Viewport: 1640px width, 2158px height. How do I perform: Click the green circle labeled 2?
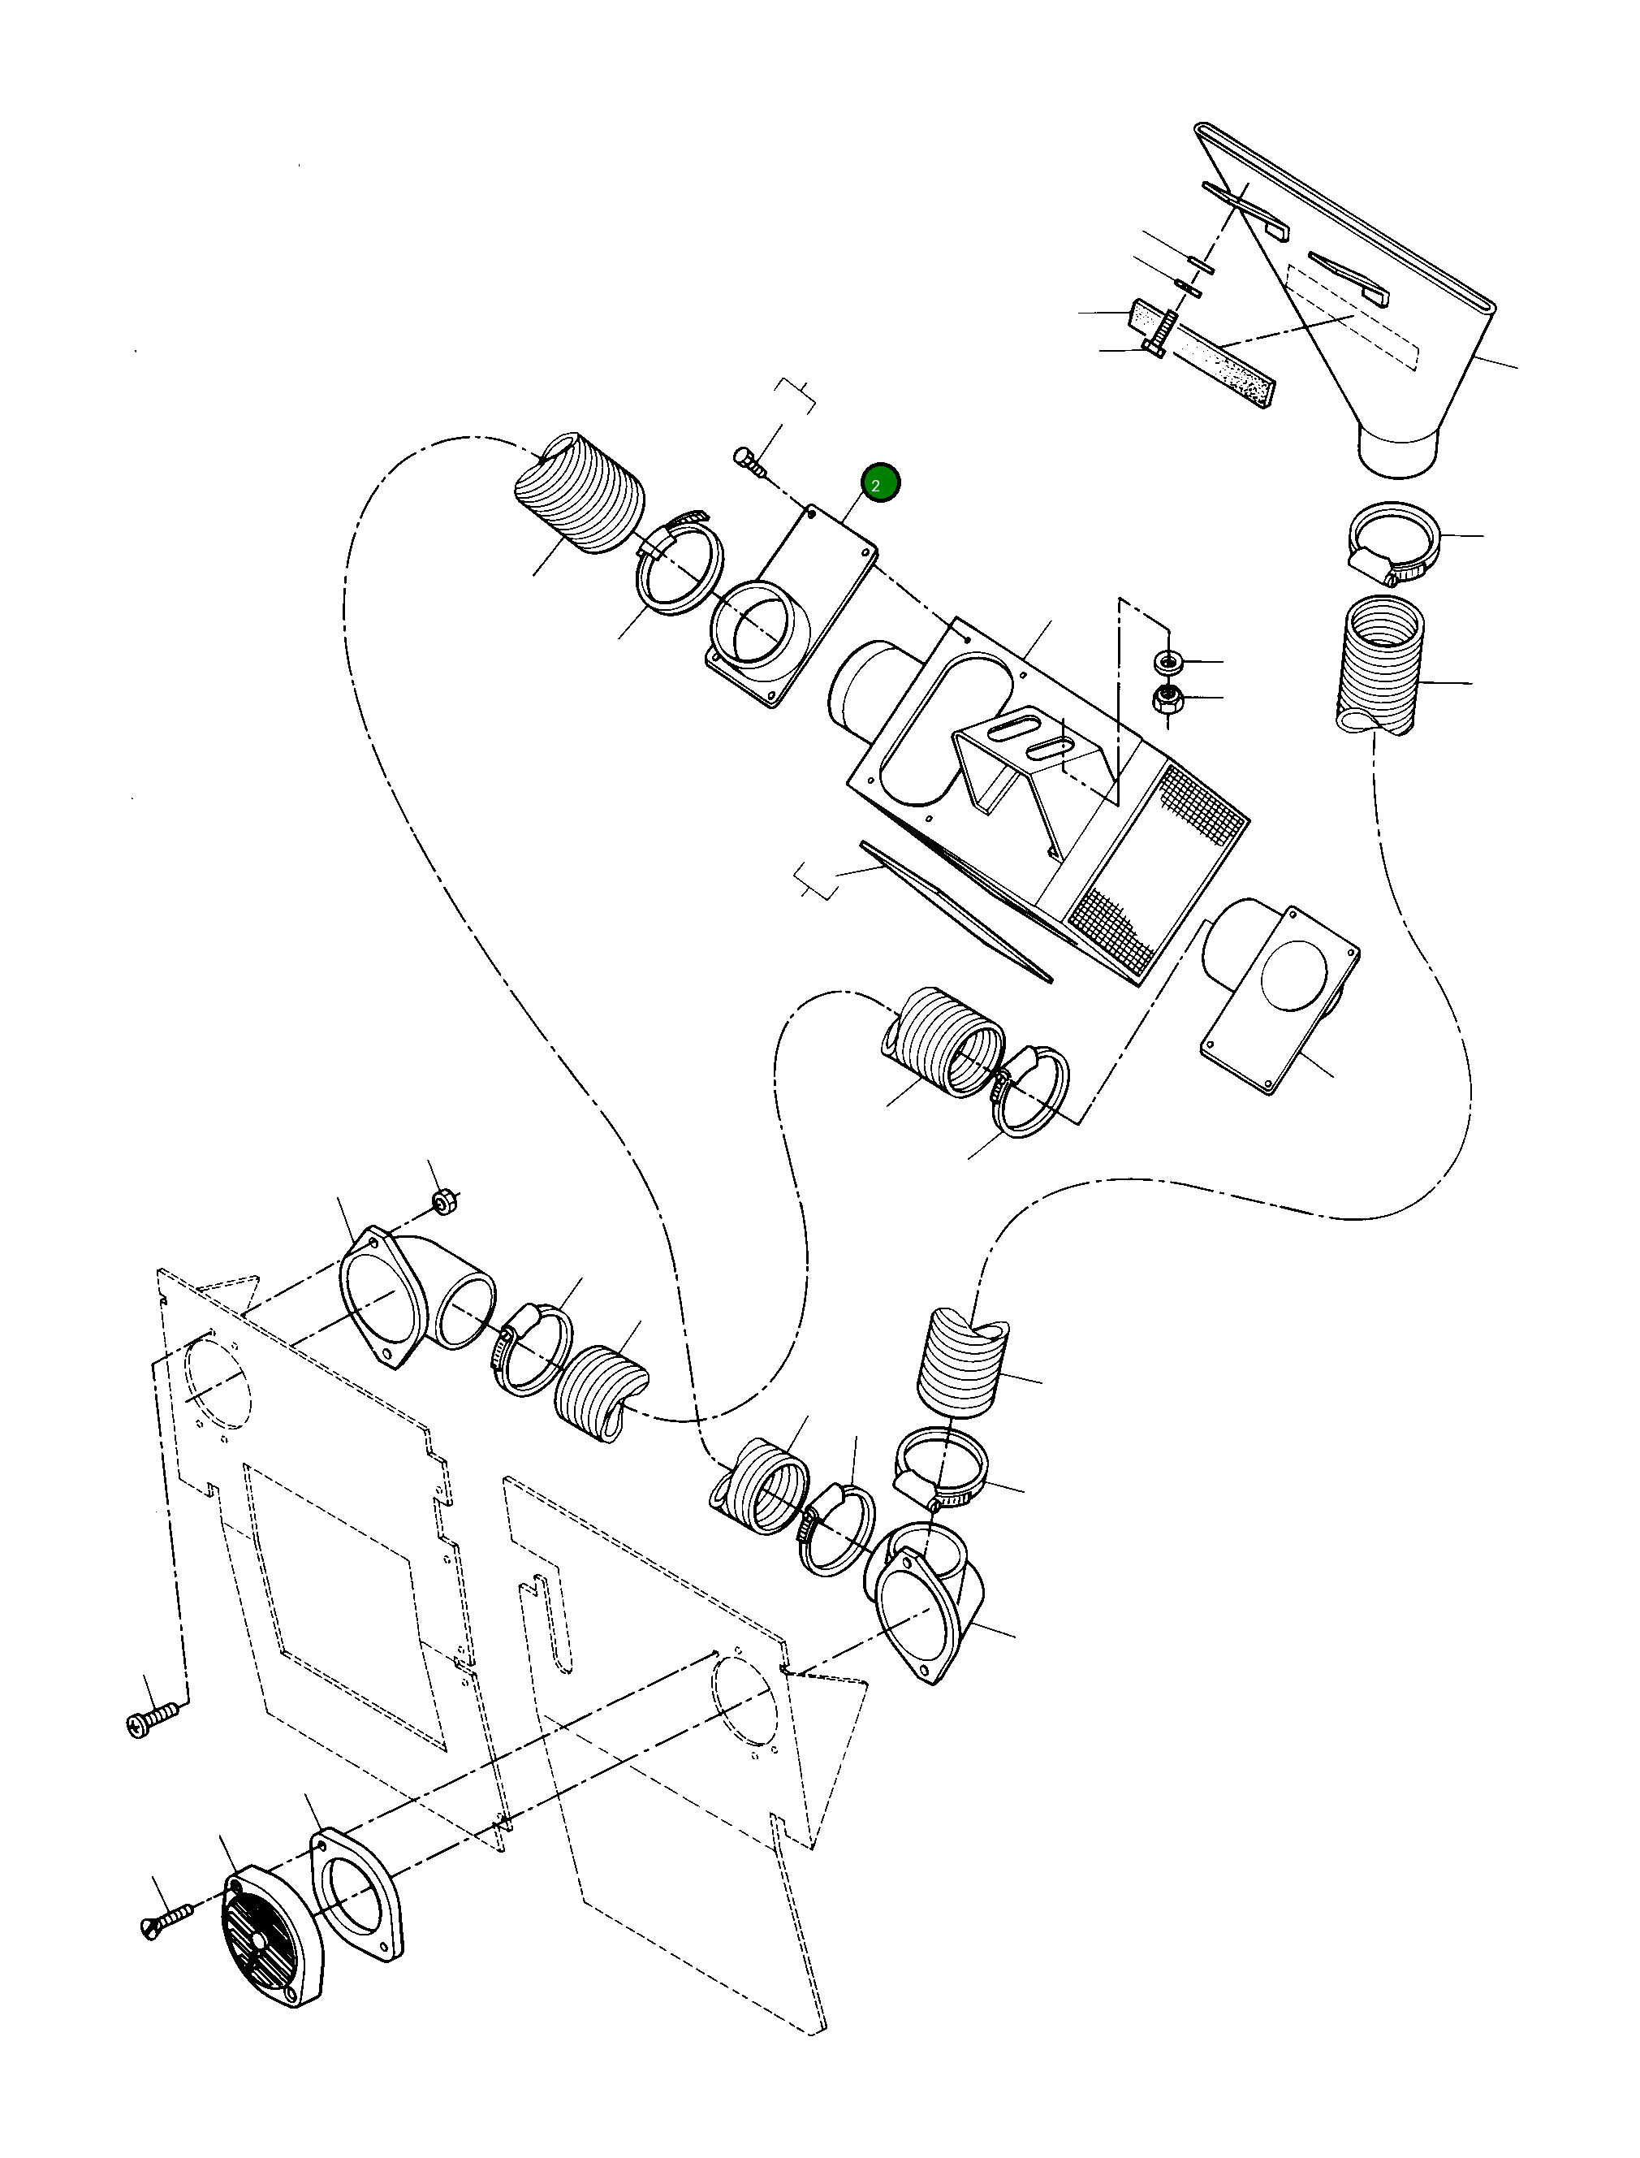pyautogui.click(x=881, y=484)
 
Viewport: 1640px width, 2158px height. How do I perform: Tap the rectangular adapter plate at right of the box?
pyautogui.click(x=1279, y=1001)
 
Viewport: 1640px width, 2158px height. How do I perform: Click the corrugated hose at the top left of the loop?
pyautogui.click(x=580, y=493)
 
